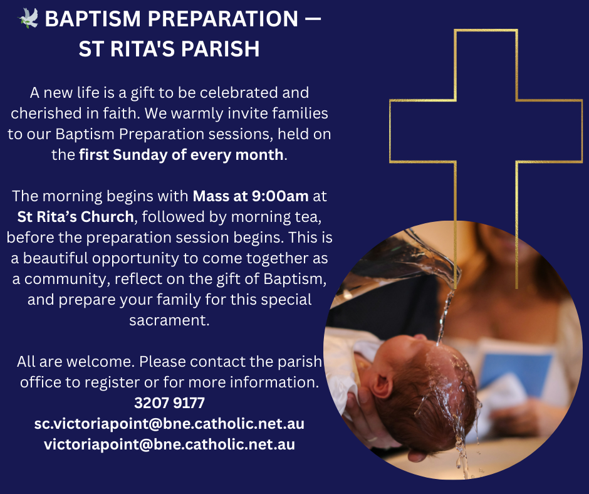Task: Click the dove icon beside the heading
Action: click(x=28, y=19)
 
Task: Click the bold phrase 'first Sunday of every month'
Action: click(x=182, y=154)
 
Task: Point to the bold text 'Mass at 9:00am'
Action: click(x=251, y=196)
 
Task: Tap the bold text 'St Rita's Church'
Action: click(x=76, y=217)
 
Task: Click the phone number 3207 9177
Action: click(x=169, y=402)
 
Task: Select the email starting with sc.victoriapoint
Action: click(x=169, y=423)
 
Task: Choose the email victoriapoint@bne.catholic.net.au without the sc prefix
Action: click(x=169, y=444)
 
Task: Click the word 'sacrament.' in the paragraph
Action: click(x=169, y=320)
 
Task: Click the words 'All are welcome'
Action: click(x=75, y=362)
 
